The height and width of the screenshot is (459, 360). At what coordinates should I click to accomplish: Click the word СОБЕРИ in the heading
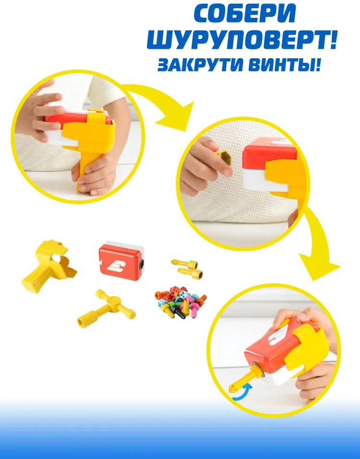coord(245,14)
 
